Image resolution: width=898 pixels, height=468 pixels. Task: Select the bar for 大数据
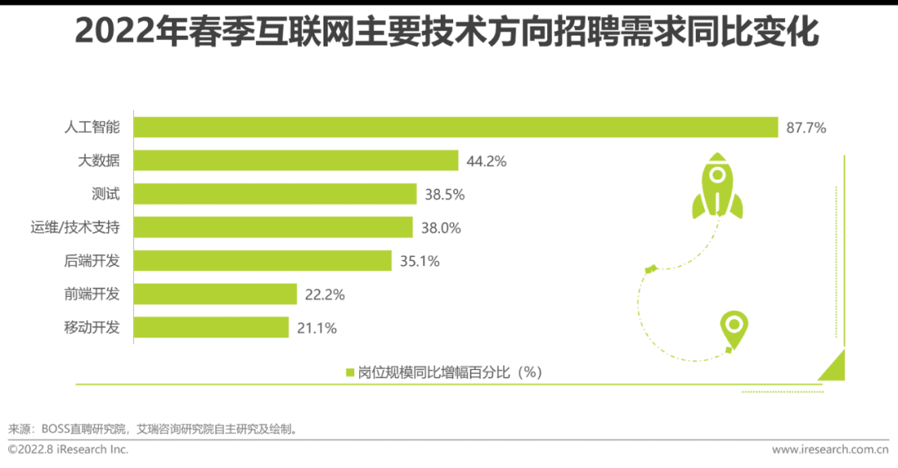(296, 160)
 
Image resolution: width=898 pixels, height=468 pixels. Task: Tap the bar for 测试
(275, 194)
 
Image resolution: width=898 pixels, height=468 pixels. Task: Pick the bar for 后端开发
(263, 260)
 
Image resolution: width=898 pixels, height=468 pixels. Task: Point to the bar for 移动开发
(211, 327)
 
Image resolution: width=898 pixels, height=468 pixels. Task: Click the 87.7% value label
(806, 128)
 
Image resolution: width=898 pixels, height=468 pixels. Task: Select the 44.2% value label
(486, 161)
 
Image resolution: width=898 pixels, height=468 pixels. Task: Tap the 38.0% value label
(441, 228)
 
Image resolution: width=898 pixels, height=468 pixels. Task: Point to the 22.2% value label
(324, 294)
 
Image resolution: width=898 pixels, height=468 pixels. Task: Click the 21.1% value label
(316, 328)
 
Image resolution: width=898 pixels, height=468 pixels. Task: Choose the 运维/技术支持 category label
(76, 227)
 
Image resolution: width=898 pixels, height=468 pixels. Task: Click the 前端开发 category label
(92, 293)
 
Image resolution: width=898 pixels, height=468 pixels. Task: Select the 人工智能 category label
(92, 127)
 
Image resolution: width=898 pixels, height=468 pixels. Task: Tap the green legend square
(350, 372)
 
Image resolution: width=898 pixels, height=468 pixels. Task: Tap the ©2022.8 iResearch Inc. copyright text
(68, 450)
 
